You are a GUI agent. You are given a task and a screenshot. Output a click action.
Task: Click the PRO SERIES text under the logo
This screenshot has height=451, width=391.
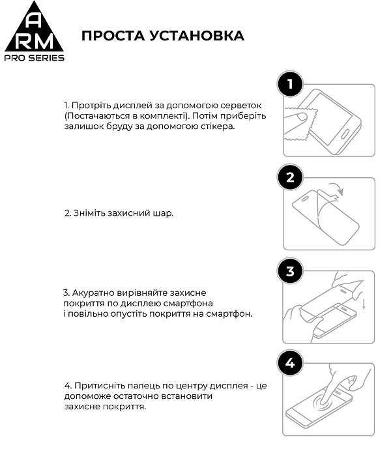[x=35, y=58]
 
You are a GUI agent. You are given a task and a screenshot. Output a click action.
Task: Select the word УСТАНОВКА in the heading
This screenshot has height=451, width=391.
[x=197, y=36]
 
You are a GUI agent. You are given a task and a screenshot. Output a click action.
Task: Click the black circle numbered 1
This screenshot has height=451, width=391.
[x=290, y=84]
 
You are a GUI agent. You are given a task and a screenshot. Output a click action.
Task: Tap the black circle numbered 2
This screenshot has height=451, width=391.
[x=290, y=177]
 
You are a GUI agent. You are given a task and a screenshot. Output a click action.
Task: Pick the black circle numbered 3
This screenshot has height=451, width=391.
[x=290, y=270]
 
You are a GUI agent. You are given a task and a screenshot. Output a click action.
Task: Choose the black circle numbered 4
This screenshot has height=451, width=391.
[x=290, y=363]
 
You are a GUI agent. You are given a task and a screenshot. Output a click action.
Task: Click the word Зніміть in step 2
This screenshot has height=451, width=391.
[x=88, y=213]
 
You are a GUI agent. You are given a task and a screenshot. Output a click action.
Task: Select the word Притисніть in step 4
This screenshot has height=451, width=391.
[x=96, y=386]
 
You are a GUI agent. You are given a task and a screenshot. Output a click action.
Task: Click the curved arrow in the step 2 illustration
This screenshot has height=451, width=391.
[x=336, y=190]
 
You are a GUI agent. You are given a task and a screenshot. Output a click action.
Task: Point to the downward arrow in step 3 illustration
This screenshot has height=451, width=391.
[x=363, y=304]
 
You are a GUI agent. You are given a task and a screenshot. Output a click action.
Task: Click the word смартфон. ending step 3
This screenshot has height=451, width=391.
[x=233, y=313]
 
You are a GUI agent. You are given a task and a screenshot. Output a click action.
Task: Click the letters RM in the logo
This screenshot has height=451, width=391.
[x=35, y=40]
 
